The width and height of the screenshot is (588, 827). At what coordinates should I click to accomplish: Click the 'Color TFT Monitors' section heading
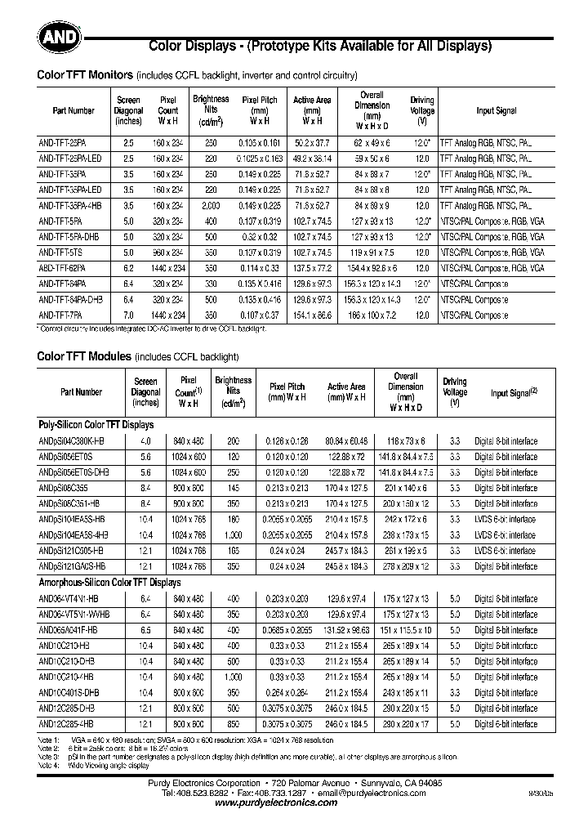(x=86, y=75)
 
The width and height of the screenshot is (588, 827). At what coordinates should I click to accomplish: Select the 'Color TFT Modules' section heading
(x=84, y=356)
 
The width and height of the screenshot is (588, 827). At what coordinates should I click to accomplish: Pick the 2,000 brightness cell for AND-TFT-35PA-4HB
(x=211, y=205)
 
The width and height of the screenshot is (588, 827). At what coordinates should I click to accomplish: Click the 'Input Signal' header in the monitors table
(x=497, y=110)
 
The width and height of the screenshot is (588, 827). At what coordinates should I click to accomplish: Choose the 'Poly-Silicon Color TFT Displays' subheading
(x=96, y=425)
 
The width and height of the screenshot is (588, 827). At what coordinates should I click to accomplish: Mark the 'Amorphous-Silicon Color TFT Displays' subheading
(x=109, y=583)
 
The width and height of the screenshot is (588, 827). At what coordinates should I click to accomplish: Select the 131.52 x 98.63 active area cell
(x=346, y=630)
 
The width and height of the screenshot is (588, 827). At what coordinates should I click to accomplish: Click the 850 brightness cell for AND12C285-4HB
(x=233, y=724)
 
